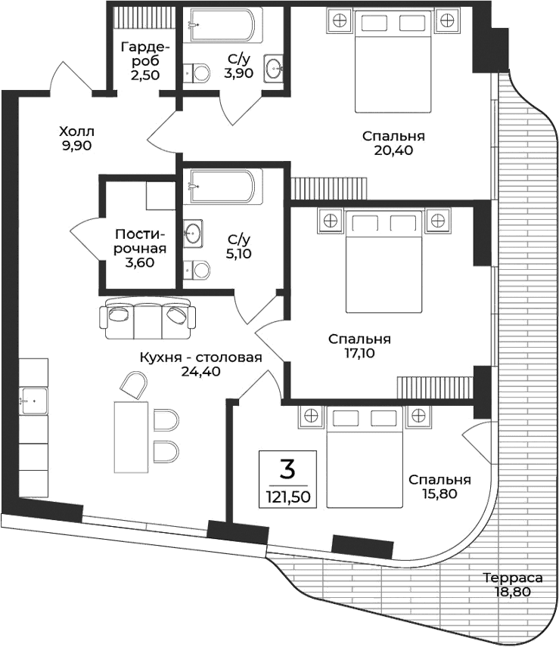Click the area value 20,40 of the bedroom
393,150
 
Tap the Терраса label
513,578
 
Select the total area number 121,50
287,497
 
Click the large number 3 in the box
287,469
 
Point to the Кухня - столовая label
200,358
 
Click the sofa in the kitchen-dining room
146,318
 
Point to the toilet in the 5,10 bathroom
197,269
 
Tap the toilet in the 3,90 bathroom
198,73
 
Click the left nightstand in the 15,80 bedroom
310,416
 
